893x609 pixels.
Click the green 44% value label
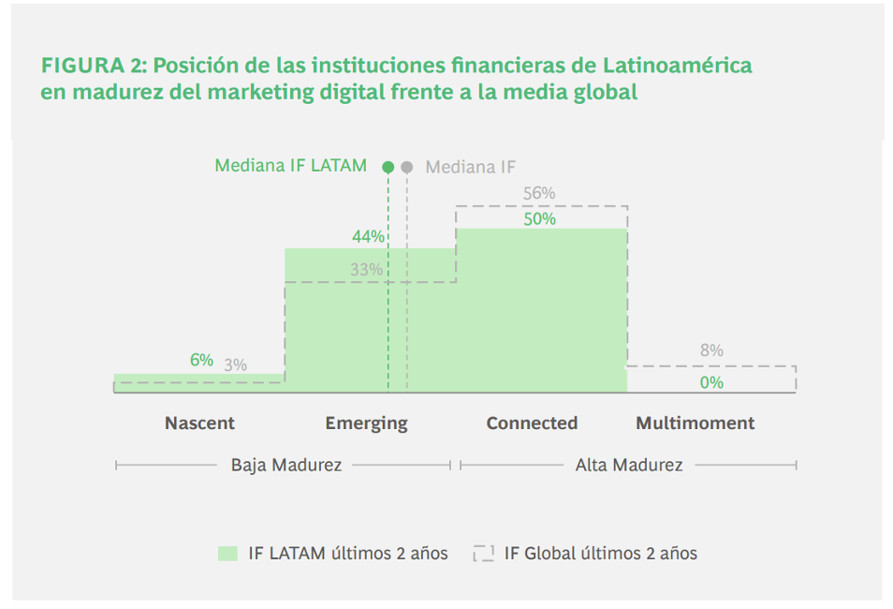(x=368, y=237)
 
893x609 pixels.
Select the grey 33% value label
(x=367, y=270)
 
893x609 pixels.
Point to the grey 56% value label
(x=539, y=194)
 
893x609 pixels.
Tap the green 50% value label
(x=539, y=219)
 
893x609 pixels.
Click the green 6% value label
(x=201, y=361)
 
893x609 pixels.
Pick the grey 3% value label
(x=235, y=365)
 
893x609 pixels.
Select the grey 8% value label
(x=711, y=350)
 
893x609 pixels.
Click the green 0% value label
(x=711, y=382)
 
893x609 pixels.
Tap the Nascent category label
(x=199, y=423)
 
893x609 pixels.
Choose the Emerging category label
(x=366, y=423)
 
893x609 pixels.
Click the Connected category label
(x=532, y=423)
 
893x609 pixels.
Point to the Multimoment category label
(x=695, y=423)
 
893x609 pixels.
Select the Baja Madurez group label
(x=286, y=465)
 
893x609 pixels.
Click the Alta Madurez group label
(x=629, y=465)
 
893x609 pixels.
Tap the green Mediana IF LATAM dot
(x=388, y=167)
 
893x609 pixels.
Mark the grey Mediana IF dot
(x=406, y=167)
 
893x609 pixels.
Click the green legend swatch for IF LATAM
(x=227, y=554)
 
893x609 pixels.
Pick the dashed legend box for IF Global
(x=484, y=554)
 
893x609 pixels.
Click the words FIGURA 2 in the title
(x=93, y=67)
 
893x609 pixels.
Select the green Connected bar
(x=541, y=309)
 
